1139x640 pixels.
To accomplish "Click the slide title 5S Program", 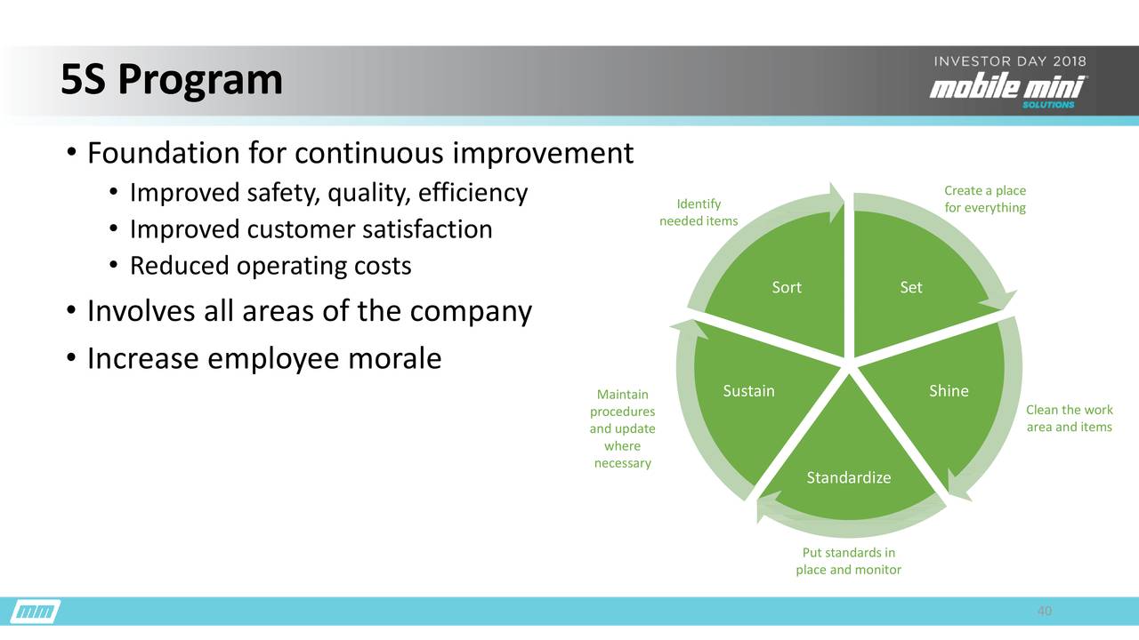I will tap(171, 81).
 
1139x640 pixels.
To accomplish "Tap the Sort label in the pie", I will tap(787, 287).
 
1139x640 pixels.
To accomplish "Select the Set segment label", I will tap(910, 287).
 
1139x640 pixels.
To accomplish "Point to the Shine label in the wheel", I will tap(949, 391).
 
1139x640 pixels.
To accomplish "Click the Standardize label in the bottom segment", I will tap(848, 478).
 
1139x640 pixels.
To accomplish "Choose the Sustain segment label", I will tap(748, 391).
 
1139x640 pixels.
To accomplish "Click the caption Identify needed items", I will tap(699, 212).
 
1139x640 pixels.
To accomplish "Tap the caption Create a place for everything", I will tap(984, 199).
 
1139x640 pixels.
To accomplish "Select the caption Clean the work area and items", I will tap(1069, 419).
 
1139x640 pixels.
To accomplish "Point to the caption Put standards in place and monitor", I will tap(848, 561).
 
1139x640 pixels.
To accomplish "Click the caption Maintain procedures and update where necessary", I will tap(622, 428).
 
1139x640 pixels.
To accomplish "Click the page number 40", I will tap(1045, 612).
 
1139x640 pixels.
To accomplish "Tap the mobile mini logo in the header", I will tap(1008, 89).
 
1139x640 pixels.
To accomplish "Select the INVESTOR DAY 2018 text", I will tap(1009, 61).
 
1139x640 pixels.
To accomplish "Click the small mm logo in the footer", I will tap(36, 612).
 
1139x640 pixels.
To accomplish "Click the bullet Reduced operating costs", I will tap(271, 266).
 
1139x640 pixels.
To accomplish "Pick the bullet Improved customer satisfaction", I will tap(311, 229).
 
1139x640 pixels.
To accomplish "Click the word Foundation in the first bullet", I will tap(163, 154).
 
